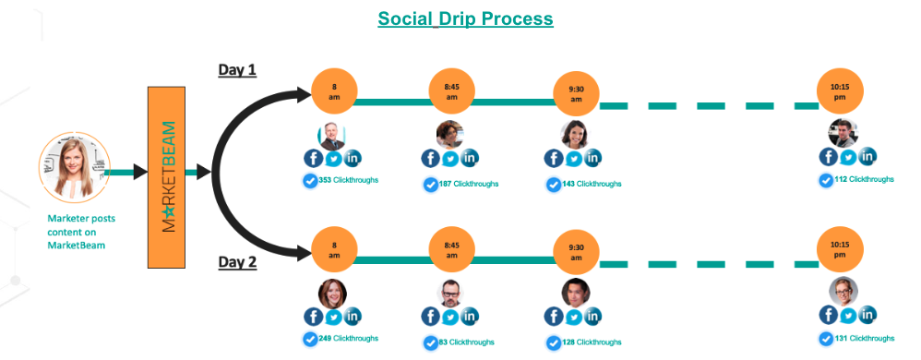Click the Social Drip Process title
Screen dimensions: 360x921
pyautogui.click(x=465, y=18)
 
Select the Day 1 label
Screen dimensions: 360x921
pyautogui.click(x=237, y=70)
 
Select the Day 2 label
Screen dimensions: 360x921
pyautogui.click(x=237, y=262)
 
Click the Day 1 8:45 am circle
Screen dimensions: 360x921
pyautogui.click(x=452, y=91)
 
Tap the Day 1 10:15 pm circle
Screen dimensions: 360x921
pyautogui.click(x=840, y=91)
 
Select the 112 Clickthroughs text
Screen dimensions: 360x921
pyautogui.click(x=864, y=179)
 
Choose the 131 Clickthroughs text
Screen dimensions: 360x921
pyautogui.click(x=864, y=339)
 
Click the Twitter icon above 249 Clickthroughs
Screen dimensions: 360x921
pyautogui.click(x=333, y=317)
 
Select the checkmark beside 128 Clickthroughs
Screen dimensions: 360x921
pyautogui.click(x=553, y=342)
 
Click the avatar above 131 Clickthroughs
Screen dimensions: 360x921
pyautogui.click(x=843, y=291)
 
